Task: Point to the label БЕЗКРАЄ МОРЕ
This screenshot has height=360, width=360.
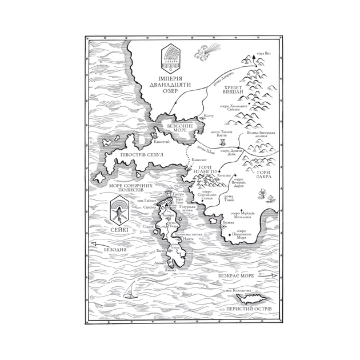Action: tap(236, 275)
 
